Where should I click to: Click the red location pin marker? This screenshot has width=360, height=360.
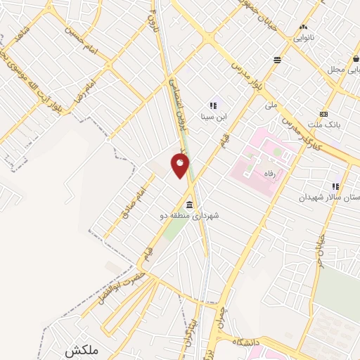click(x=181, y=166)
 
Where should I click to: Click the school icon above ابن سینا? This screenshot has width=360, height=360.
click(x=213, y=105)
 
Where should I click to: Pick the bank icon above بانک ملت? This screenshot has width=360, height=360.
click(x=323, y=114)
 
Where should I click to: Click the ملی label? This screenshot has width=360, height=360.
click(x=271, y=105)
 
